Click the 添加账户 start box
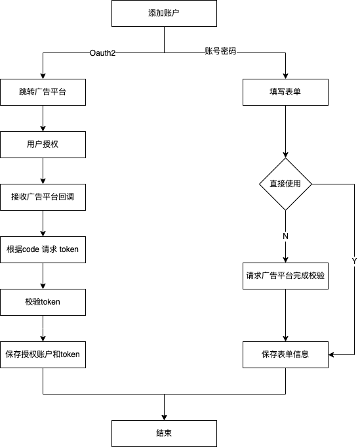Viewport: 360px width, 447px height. tap(164, 13)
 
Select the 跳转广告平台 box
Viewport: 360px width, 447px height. tap(43, 93)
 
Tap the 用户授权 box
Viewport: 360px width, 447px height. tap(43, 144)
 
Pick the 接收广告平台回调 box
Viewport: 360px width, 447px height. tap(43, 197)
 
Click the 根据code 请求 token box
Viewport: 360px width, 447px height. tap(43, 249)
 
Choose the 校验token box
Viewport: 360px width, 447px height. tap(43, 302)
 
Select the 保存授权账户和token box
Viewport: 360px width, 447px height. tap(43, 354)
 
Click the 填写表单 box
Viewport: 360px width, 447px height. tap(285, 93)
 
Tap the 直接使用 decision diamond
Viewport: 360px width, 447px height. tap(285, 184)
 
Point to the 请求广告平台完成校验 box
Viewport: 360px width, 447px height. tap(285, 276)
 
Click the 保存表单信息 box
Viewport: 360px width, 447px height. tap(285, 354)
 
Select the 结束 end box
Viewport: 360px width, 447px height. tap(164, 433)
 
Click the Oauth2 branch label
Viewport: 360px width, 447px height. tap(102, 53)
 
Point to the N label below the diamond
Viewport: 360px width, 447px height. tap(285, 235)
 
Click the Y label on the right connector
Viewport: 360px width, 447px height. tap(354, 261)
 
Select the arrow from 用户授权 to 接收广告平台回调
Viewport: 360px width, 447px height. tap(43, 171)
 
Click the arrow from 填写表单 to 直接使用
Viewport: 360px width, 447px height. tap(285, 131)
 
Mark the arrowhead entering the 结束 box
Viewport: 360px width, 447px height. tap(164, 417)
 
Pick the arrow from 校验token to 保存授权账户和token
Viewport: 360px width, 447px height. tap(43, 328)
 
